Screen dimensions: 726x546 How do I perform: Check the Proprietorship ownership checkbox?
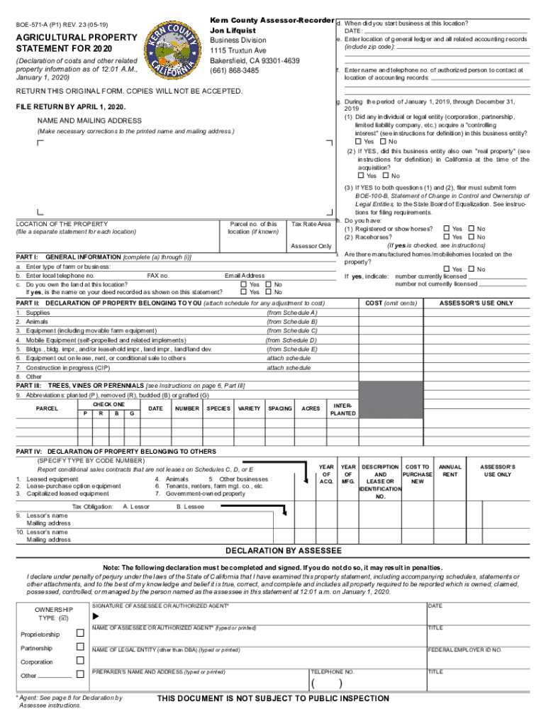[80, 633]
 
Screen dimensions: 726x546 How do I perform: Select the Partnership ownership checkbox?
[80, 648]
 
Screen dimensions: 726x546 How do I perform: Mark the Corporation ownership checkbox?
[80, 661]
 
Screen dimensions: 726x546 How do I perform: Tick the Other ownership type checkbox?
[80, 675]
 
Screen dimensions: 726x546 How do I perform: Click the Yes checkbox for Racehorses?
[446, 237]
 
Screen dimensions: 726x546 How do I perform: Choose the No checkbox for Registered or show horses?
[471, 229]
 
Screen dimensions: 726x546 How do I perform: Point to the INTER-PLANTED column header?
[339, 408]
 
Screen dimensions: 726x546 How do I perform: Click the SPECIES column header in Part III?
[218, 408]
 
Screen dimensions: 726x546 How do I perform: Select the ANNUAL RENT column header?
[450, 471]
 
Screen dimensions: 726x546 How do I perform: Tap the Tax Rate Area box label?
[311, 224]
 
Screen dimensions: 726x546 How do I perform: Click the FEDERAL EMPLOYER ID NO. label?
[464, 649]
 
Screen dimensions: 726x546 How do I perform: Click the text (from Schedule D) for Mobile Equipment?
[291, 340]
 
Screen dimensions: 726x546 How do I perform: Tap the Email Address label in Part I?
[245, 275]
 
